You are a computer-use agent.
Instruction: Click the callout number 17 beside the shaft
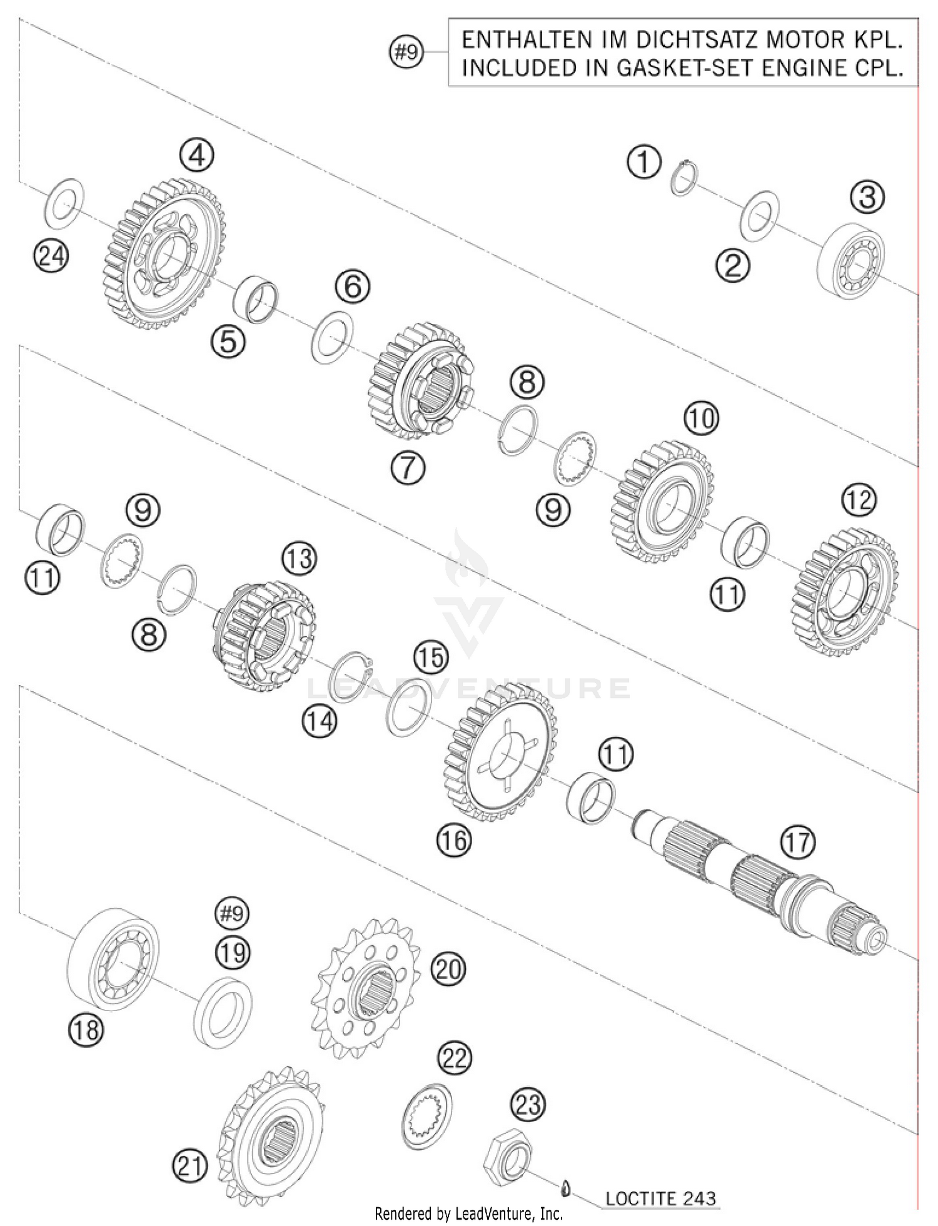click(x=798, y=842)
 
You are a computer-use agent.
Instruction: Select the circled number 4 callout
click(x=196, y=155)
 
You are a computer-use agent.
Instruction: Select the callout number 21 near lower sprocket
click(x=189, y=1167)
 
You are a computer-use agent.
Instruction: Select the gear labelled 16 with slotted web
click(x=501, y=752)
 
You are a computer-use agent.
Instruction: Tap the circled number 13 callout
click(x=299, y=557)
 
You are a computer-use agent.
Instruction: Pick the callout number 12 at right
click(x=859, y=500)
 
